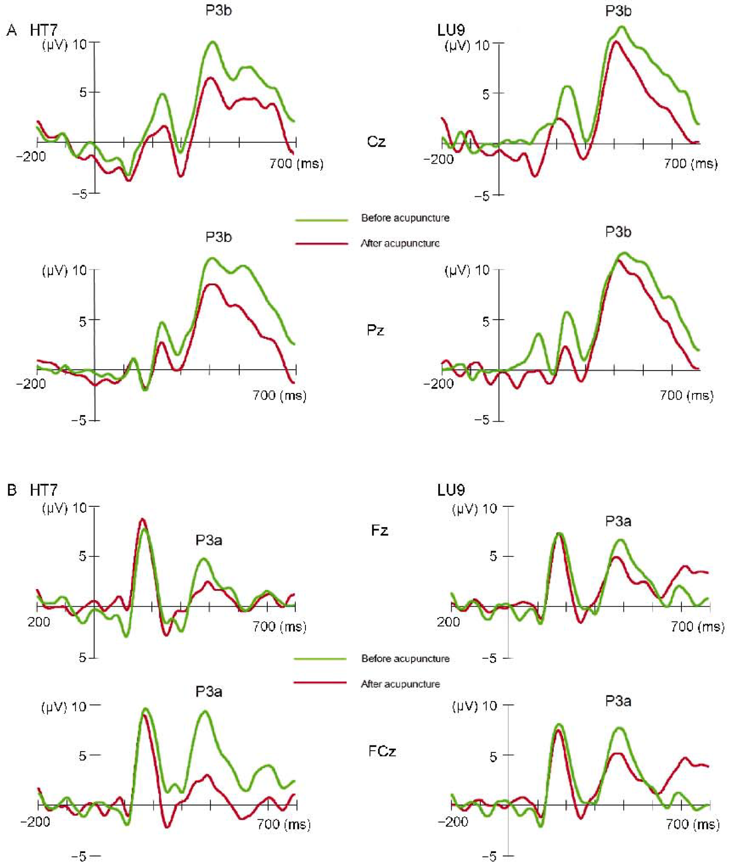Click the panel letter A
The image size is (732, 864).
pyautogui.click(x=12, y=30)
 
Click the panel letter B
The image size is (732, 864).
pyautogui.click(x=12, y=490)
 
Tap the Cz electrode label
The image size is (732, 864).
pyautogui.click(x=376, y=142)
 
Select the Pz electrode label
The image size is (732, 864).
pyautogui.click(x=375, y=330)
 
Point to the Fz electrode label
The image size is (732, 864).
pyautogui.click(x=379, y=530)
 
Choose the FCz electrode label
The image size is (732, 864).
pyautogui.click(x=382, y=751)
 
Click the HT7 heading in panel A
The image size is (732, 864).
pyautogui.click(x=44, y=30)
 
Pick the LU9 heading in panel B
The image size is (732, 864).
pyautogui.click(x=451, y=490)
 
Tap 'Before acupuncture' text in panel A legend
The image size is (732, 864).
pyautogui.click(x=405, y=218)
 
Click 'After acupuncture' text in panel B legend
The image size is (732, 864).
pyautogui.click(x=400, y=684)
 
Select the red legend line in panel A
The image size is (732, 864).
pyautogui.click(x=321, y=244)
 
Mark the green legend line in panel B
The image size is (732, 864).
pyautogui.click(x=320, y=659)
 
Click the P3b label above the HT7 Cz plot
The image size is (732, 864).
pyautogui.click(x=219, y=11)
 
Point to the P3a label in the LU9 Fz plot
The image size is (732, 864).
pyautogui.click(x=618, y=521)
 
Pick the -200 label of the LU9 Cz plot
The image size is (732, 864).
pyautogui.click(x=439, y=159)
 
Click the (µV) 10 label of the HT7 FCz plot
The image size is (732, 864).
pyautogui.click(x=64, y=707)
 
